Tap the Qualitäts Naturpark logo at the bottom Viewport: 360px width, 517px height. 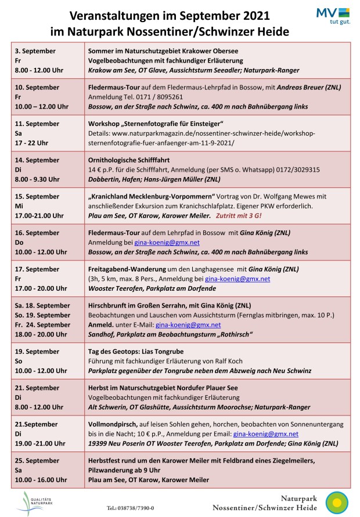click(x=37, y=502)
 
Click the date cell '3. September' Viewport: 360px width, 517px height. click(x=36, y=51)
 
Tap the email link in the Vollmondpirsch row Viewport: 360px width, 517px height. click(x=265, y=433)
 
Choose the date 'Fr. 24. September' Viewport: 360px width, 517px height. click(x=42, y=325)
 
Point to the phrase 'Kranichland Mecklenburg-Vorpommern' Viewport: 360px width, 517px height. click(x=151, y=196)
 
